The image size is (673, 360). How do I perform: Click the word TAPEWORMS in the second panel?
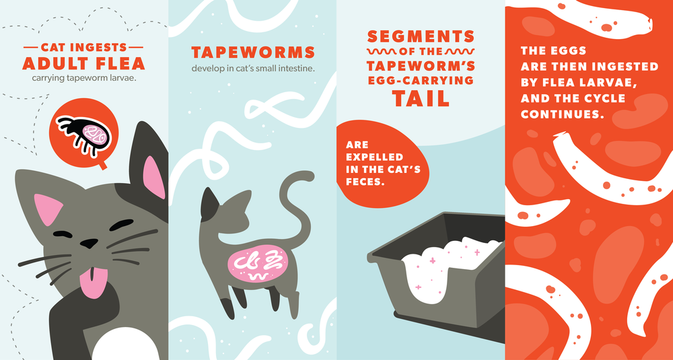tap(253, 52)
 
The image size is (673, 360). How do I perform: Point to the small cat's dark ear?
tap(209, 201)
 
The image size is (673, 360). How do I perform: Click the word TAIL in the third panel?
tap(421, 99)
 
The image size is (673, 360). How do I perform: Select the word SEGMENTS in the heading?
tap(421, 36)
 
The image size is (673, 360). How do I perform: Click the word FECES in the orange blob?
tap(365, 182)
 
